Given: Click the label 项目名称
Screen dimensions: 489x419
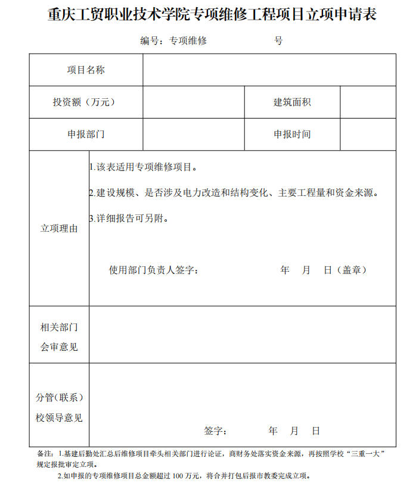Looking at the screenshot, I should (86, 70).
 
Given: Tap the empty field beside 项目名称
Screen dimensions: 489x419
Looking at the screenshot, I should (269, 70).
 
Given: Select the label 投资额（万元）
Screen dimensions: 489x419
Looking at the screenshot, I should (84, 102).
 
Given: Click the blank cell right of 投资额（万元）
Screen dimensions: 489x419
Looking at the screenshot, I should (193, 102).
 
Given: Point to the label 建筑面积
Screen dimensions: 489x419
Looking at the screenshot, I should (292, 102).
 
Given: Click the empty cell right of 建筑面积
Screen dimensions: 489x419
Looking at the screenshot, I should (368, 102).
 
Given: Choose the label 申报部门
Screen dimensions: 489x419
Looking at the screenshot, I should (86, 135).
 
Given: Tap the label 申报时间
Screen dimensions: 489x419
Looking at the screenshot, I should (292, 135).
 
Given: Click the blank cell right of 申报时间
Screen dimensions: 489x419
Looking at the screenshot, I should (368, 135).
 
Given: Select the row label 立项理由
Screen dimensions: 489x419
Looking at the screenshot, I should (59, 229).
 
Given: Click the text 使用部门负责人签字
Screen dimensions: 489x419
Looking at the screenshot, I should (153, 270).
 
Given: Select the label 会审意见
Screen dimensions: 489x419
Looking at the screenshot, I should (59, 347).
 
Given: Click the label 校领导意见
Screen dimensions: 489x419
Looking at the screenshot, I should (59, 418).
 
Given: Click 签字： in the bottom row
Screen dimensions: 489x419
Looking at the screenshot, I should (215, 431).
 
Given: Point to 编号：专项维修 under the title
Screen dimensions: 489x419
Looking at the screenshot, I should (173, 41).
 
